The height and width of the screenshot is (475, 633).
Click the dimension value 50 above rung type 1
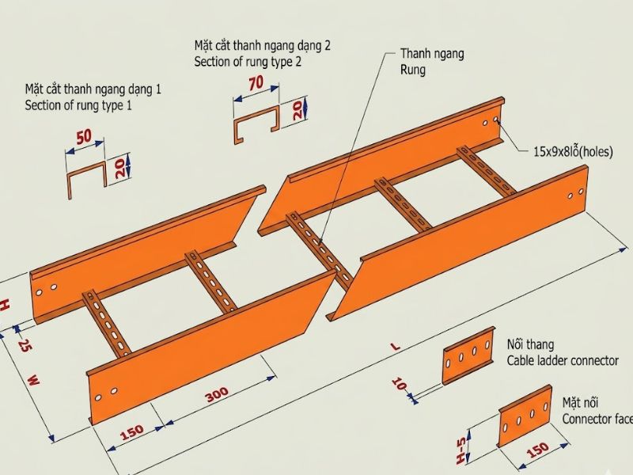(x=84, y=137)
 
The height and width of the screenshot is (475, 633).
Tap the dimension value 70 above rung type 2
(x=256, y=83)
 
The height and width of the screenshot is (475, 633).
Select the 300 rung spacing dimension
(x=218, y=393)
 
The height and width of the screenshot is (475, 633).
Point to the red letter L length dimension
(x=396, y=346)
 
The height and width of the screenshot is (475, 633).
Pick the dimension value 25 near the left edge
(x=24, y=347)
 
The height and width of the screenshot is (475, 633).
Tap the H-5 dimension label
(x=461, y=450)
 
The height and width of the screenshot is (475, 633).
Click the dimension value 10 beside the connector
(x=399, y=384)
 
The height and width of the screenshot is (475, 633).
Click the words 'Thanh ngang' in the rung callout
(x=432, y=54)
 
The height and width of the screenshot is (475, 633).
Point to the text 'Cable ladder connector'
(x=563, y=360)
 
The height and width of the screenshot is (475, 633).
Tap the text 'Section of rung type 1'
(x=78, y=105)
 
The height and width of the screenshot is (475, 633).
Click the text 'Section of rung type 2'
(x=248, y=62)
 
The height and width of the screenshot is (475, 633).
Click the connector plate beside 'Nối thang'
(x=468, y=355)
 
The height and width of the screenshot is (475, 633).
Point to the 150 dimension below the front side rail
(x=132, y=432)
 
